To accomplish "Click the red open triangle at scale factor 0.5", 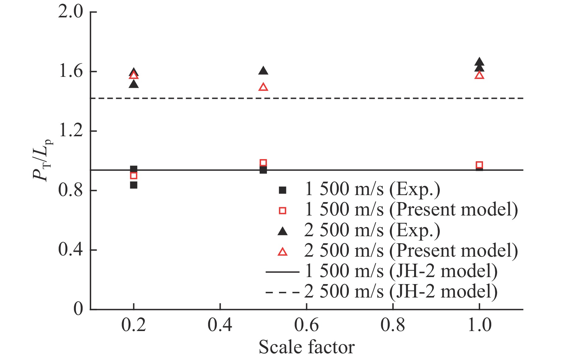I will pos(263,87).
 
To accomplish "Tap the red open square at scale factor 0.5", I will pos(263,163).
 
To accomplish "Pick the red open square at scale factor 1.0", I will pos(479,165).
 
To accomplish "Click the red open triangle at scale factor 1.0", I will pos(479,75).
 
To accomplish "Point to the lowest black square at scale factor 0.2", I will pos(134,185).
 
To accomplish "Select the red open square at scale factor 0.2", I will pos(134,176).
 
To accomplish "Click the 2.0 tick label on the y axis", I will pos(70,12).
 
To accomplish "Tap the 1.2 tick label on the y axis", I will pos(70,131).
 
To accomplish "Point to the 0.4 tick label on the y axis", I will pos(70,250).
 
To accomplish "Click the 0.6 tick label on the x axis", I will pos(306,325).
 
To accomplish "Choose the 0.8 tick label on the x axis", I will pos(393,325).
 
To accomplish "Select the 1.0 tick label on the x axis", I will pos(479,325).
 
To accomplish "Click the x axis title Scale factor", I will pos(306,347).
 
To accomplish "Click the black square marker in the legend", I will pos(283,190).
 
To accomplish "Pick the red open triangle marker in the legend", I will pos(283,252).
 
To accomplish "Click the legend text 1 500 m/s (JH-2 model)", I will pos(401,271).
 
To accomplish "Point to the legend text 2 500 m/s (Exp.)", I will pos(372,231).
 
